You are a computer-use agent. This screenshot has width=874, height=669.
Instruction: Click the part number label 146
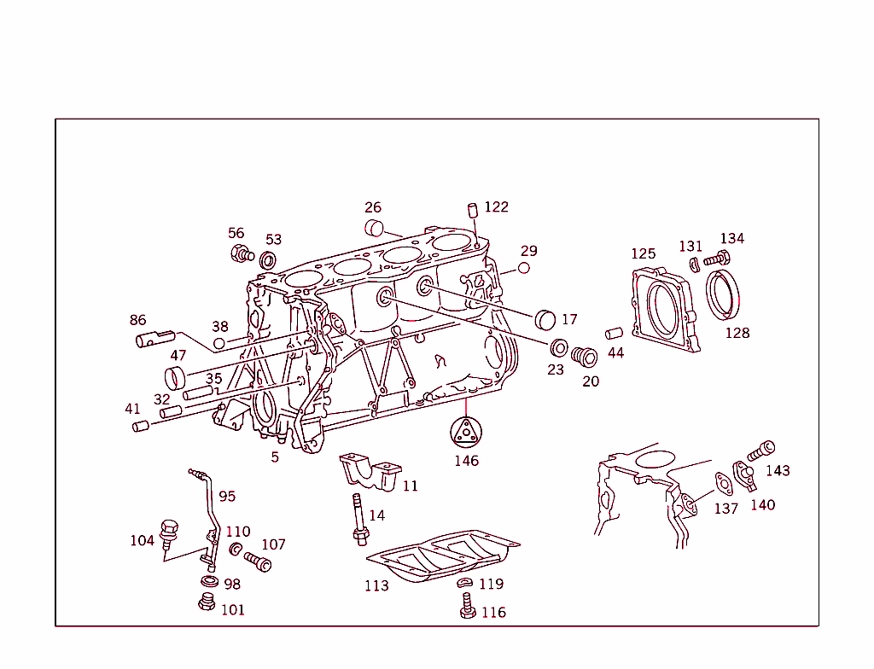click(466, 461)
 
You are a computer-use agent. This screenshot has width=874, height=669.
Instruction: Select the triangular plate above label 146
click(466, 431)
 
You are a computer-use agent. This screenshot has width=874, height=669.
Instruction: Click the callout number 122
click(496, 207)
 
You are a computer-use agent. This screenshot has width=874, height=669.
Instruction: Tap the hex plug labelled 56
click(242, 253)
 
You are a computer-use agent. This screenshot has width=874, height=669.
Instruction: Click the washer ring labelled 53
click(268, 259)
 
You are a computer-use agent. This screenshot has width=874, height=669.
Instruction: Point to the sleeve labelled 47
click(176, 375)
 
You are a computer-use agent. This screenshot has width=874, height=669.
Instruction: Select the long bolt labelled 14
click(358, 518)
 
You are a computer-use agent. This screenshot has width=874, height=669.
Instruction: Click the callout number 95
click(226, 496)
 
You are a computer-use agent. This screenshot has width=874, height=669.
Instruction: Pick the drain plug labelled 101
click(205, 605)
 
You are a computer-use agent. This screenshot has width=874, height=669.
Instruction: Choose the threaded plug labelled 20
click(584, 356)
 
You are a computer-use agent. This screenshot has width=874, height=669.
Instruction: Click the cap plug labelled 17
click(545, 320)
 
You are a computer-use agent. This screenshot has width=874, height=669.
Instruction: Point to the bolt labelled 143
click(761, 449)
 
